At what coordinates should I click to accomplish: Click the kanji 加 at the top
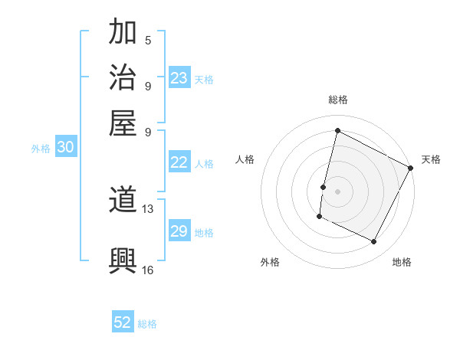(123, 33)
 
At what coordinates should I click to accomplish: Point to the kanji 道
(123, 201)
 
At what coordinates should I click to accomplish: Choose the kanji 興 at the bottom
(123, 260)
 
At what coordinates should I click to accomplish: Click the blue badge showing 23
(179, 78)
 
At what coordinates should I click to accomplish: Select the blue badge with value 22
(179, 162)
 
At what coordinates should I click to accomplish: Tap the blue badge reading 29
(179, 231)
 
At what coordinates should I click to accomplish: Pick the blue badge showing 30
(65, 148)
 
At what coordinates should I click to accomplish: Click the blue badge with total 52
(123, 322)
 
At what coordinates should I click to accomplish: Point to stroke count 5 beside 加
(147, 41)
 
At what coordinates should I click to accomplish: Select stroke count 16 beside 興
(148, 270)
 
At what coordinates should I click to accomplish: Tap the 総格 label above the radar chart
(338, 100)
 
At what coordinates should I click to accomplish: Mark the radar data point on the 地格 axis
(374, 242)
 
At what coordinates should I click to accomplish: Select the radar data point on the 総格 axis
(337, 131)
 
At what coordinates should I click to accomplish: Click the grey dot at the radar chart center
(337, 190)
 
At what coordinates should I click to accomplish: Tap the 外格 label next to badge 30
(41, 149)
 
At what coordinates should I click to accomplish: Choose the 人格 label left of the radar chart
(245, 159)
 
